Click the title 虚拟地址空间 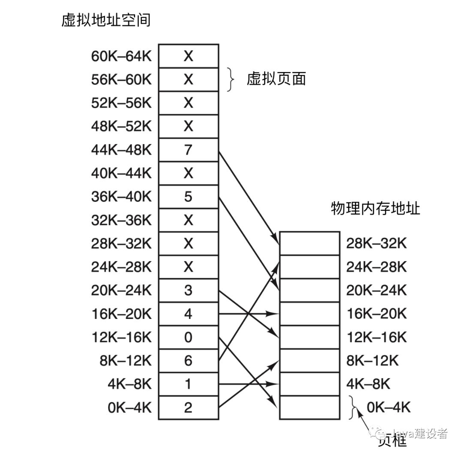[105, 20]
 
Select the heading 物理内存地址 [375, 208]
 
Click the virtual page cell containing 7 [188, 150]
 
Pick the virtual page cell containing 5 [188, 197]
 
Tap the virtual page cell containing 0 [188, 337]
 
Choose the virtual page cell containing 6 [188, 361]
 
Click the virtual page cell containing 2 [188, 408]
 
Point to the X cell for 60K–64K [188, 56]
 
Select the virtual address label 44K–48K [121, 150]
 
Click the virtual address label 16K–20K [121, 314]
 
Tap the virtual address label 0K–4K [130, 408]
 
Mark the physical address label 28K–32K [376, 244]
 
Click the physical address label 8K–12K [372, 361]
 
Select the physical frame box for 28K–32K [310, 244]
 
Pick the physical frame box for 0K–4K [310, 408]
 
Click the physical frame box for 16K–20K [310, 314]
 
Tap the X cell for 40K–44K [188, 173]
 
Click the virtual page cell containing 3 [188, 291]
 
